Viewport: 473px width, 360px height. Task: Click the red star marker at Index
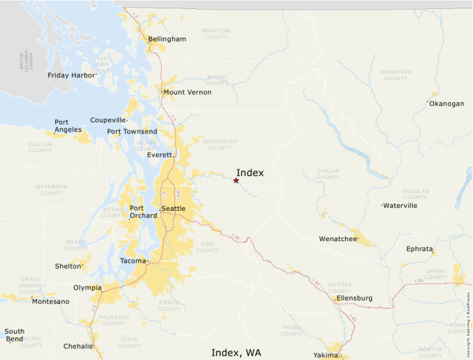pos(236,180)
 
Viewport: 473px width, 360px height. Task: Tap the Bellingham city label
pos(167,39)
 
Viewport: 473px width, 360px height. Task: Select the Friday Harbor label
pos(71,75)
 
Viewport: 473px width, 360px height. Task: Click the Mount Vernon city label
pos(187,92)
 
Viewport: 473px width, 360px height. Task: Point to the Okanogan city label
pos(447,104)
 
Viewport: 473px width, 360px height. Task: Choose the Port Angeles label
pos(68,126)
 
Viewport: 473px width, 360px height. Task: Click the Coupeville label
pos(107,120)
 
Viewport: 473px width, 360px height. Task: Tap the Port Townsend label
pos(131,132)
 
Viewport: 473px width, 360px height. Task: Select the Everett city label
pos(160,155)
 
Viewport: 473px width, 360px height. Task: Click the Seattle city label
pos(173,209)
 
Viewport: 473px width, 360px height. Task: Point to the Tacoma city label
pos(133,260)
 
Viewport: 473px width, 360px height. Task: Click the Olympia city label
pos(87,287)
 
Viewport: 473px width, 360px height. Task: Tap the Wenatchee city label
pos(337,239)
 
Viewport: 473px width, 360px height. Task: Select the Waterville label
pos(400,205)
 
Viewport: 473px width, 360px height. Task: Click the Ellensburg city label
pos(355,299)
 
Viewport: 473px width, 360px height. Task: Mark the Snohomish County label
pos(220,144)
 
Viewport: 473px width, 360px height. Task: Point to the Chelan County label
pos(328,174)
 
